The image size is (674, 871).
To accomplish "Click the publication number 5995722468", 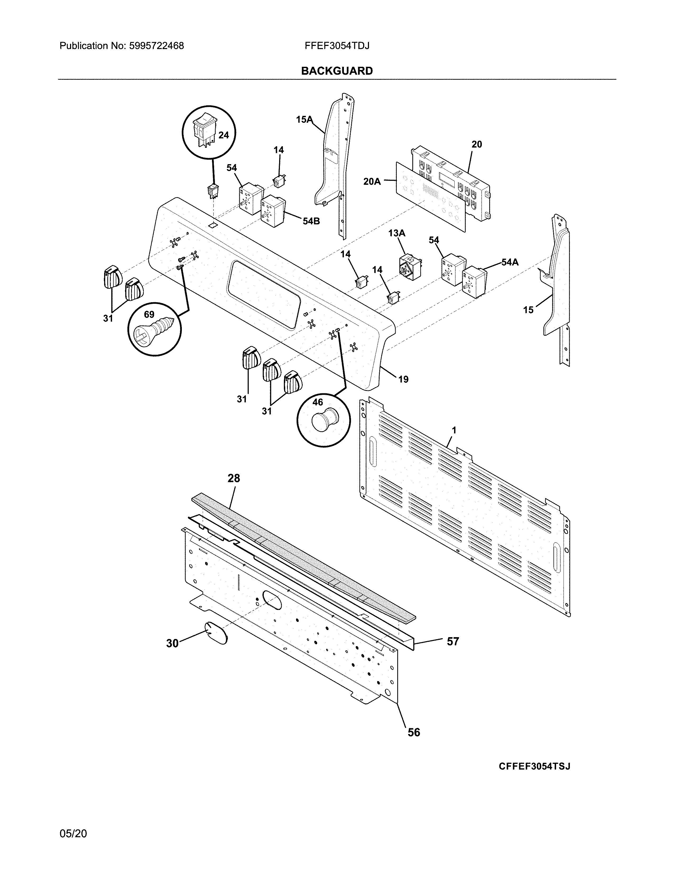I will (x=156, y=46).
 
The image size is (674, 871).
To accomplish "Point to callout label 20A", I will (x=372, y=182).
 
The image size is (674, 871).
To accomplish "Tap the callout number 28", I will (x=234, y=478).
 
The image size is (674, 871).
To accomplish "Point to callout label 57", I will (x=453, y=641).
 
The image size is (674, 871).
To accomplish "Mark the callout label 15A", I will (x=304, y=119).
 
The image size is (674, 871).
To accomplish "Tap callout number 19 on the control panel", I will (x=403, y=379).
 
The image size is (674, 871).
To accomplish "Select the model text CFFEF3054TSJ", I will (x=534, y=766).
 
